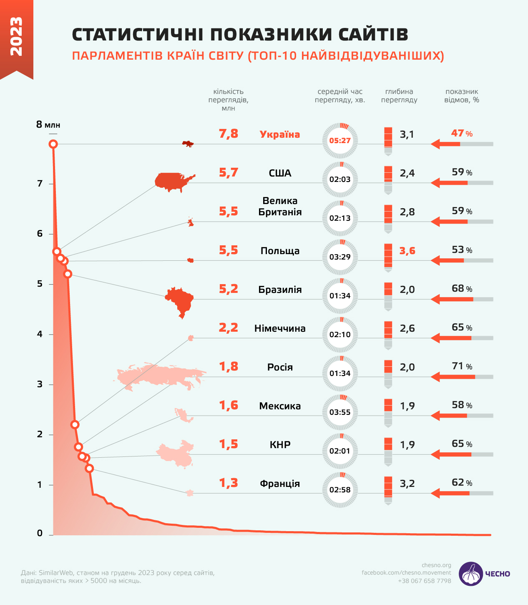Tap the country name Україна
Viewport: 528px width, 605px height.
pos(280,134)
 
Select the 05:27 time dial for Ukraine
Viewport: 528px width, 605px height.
pos(340,141)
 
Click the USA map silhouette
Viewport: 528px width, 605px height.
pos(173,181)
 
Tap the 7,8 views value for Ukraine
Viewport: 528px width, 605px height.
pos(229,134)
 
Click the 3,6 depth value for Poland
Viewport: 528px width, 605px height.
pos(407,251)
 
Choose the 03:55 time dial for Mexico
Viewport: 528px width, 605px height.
pos(340,412)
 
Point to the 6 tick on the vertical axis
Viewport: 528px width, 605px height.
pos(40,234)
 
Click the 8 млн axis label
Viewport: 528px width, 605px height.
pos(48,124)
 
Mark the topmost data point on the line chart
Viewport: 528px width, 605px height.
pos(53,144)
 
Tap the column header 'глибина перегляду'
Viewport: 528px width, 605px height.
pos(399,96)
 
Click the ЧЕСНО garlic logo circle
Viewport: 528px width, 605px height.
pos(471,574)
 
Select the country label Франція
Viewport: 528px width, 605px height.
pos(280,484)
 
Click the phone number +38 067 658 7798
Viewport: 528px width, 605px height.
pos(425,581)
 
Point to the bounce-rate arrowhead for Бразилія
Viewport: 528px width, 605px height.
pos(436,299)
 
